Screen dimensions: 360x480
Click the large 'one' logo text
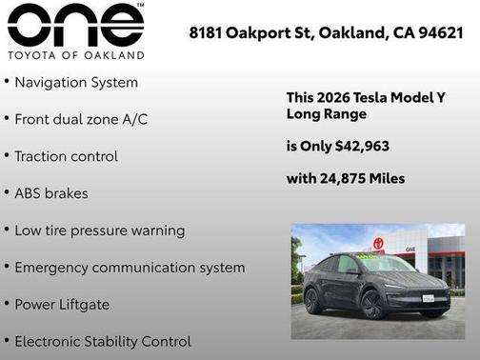click(75, 25)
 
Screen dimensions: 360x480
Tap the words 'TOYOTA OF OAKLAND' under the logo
click(75, 55)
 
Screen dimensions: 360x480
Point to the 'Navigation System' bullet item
click(76, 83)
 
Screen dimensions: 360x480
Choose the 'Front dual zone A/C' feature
click(81, 120)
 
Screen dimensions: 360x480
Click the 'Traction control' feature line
click(66, 156)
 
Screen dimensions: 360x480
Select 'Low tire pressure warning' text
click(99, 230)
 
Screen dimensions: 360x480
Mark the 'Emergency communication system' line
click(130, 268)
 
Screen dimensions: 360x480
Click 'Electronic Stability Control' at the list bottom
click(103, 341)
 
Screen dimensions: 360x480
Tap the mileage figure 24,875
click(347, 178)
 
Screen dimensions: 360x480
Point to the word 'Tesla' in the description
click(369, 98)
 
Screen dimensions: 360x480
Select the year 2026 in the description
click(335, 98)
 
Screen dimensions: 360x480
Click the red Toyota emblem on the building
click(378, 243)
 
